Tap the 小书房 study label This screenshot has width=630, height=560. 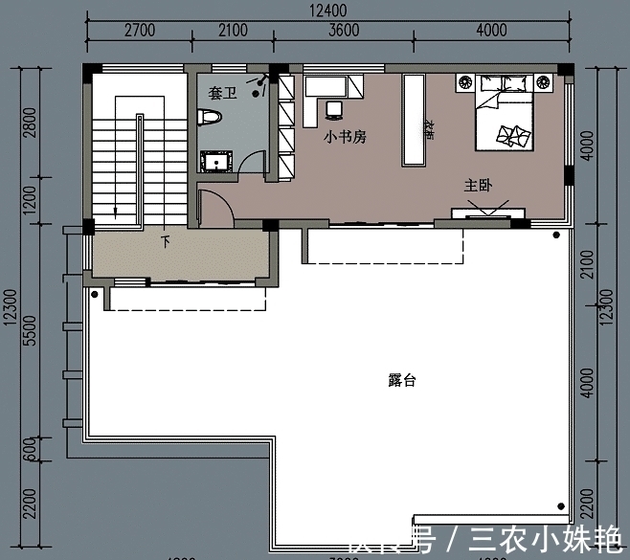coord(346,137)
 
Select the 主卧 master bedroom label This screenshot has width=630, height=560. coord(478,185)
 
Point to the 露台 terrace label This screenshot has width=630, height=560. coord(402,381)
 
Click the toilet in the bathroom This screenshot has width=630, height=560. coord(210,118)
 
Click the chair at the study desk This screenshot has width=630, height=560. coord(333,110)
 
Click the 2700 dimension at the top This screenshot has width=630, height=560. coord(140,31)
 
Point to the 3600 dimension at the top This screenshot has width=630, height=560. coord(344,31)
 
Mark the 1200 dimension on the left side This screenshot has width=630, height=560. coord(30,201)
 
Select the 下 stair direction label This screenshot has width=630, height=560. coord(165,239)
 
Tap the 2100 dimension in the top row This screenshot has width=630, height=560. coord(232,31)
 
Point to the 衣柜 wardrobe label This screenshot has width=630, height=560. coord(430,128)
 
